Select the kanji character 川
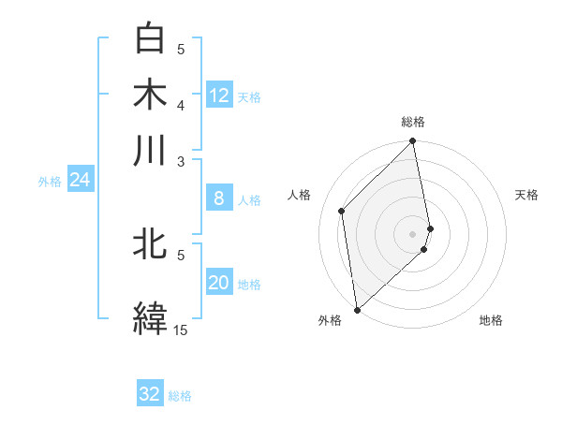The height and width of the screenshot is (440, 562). (x=150, y=150)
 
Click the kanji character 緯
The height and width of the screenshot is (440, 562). (x=150, y=316)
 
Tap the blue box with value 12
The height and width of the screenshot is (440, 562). (x=219, y=95)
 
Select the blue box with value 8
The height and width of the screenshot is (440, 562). (x=219, y=198)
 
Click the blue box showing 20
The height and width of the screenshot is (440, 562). (x=219, y=284)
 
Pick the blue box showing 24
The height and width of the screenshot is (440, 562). (x=80, y=180)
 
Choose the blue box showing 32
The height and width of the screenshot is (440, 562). (x=150, y=394)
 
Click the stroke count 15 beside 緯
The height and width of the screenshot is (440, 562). (x=181, y=330)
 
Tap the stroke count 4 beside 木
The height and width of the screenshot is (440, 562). (x=182, y=105)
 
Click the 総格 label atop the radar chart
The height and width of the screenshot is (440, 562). (x=413, y=122)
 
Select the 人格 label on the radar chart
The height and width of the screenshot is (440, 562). (x=299, y=195)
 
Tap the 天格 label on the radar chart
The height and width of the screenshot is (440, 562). (x=526, y=195)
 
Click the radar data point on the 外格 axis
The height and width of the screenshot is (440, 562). (x=357, y=309)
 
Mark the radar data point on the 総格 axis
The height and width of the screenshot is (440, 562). (x=413, y=142)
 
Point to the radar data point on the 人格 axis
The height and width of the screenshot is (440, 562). (x=342, y=211)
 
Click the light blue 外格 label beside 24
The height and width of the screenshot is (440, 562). (x=50, y=182)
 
